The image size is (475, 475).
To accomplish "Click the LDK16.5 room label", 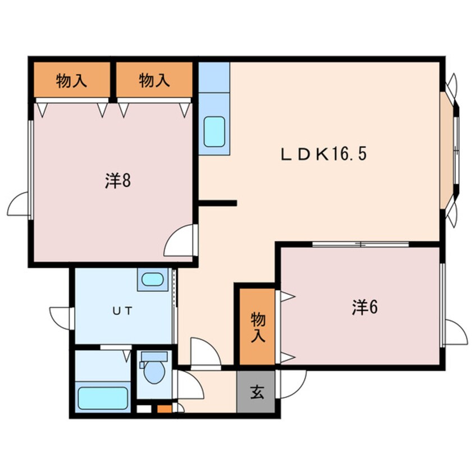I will pyautogui.click(x=323, y=154).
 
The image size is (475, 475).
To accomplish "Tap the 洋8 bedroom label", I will pyautogui.click(x=117, y=181).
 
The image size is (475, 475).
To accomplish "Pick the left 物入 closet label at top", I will pyautogui.click(x=71, y=81).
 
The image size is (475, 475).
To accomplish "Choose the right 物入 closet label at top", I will pyautogui.click(x=154, y=81).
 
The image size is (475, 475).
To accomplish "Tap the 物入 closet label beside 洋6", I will pyautogui.click(x=257, y=327).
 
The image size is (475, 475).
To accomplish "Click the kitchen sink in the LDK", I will pyautogui.click(x=214, y=131).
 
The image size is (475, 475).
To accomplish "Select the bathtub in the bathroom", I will pyautogui.click(x=103, y=398).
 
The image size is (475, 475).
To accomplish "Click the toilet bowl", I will pyautogui.click(x=154, y=372).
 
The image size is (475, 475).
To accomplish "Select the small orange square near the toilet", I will pyautogui.click(x=163, y=409).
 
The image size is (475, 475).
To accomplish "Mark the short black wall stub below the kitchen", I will pyautogui.click(x=218, y=203).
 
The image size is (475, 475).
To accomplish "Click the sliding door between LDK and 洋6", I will pyautogui.click(x=360, y=244).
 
